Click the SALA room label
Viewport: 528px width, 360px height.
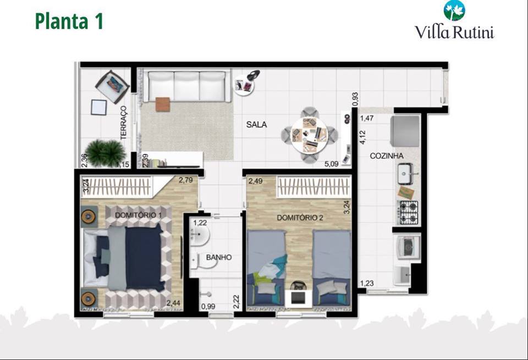pyautogui.click(x=256, y=125)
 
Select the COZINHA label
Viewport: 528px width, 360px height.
pyautogui.click(x=387, y=156)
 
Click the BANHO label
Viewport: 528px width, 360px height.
pyautogui.click(x=218, y=257)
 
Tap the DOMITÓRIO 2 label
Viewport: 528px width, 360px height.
pyautogui.click(x=300, y=218)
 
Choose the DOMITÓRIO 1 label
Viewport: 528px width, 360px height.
pyautogui.click(x=137, y=214)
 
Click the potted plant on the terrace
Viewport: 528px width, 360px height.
pyautogui.click(x=104, y=153)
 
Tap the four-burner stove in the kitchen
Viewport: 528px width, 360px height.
pyautogui.click(x=408, y=212)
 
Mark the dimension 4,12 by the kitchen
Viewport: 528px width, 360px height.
pyautogui.click(x=362, y=134)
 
